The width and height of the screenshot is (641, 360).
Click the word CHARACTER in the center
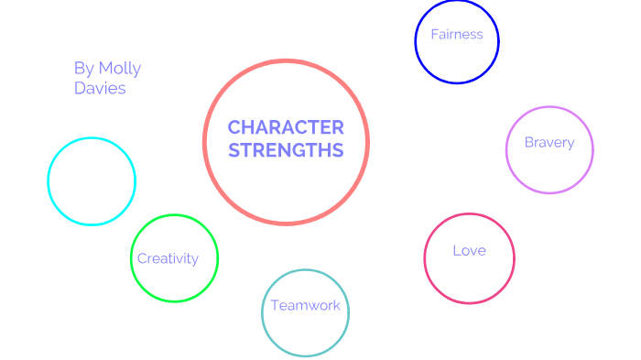point(286,127)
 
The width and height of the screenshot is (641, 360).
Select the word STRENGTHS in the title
point(286,150)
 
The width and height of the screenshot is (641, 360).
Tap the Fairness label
point(457,36)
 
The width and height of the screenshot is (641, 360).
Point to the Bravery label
point(549,142)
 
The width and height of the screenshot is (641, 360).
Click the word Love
point(469,250)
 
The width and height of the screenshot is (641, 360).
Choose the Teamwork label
point(305,305)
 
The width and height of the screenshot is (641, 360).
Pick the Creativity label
point(168,258)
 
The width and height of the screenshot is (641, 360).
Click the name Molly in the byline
point(119,69)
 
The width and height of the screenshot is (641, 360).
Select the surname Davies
point(100,89)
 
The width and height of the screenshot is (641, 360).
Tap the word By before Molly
point(83,69)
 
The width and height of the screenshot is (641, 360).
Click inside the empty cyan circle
point(92,181)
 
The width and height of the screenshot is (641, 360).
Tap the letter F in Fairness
point(435,36)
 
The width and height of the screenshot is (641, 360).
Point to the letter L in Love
point(456,250)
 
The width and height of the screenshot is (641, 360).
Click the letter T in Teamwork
point(274,305)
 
